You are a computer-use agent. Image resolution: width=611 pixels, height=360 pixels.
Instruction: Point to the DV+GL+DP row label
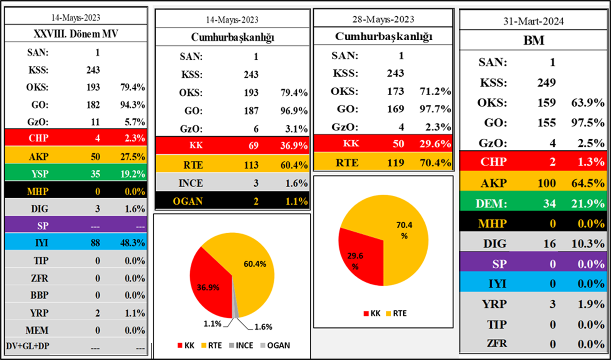click(x=29, y=346)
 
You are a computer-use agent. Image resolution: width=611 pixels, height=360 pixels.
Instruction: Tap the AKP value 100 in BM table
click(x=546, y=183)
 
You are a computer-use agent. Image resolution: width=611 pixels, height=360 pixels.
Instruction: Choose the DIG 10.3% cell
click(x=588, y=244)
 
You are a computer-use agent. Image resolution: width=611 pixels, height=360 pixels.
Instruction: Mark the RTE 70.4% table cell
click(x=435, y=162)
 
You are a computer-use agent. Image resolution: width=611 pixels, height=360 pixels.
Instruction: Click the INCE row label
click(x=191, y=183)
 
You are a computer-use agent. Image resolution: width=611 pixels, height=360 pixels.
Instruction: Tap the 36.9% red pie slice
click(x=209, y=282)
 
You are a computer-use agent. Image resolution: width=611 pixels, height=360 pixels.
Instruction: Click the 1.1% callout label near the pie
click(x=212, y=324)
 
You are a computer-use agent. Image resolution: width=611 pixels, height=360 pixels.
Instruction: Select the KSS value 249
click(x=546, y=82)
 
